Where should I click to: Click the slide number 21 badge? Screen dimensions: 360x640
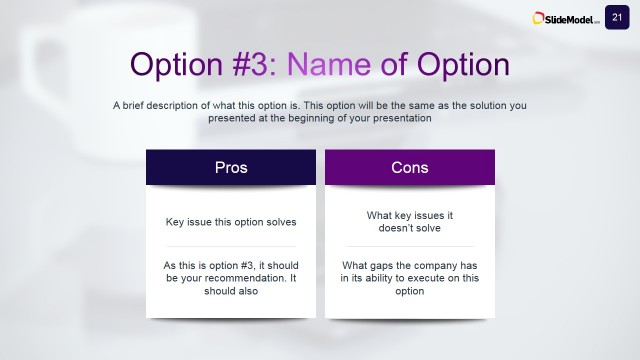point(616,16)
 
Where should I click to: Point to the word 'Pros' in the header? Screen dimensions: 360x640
point(231,167)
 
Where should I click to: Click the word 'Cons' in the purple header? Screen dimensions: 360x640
point(410,167)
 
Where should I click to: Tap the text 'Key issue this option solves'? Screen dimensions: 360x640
point(231,221)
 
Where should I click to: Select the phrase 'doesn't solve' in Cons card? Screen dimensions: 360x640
point(410,228)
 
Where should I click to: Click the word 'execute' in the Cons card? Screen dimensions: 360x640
point(431,278)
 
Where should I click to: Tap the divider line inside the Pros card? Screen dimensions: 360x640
point(231,246)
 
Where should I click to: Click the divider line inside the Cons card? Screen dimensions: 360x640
point(410,246)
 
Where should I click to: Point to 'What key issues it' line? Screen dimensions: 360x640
point(410,215)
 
